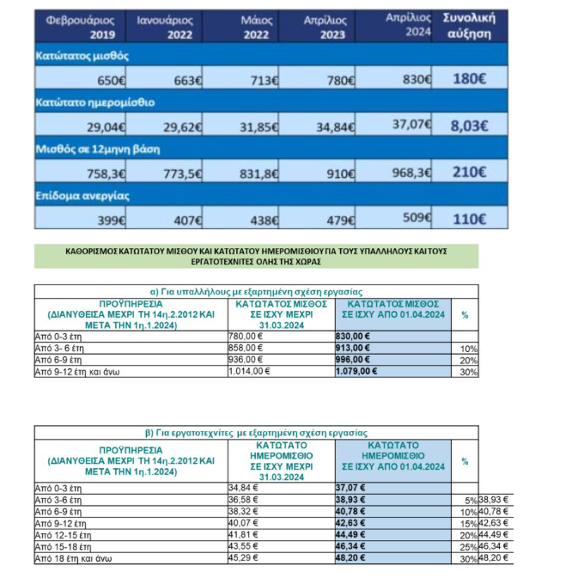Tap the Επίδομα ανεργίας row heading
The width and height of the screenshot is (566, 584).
click(x=74, y=195)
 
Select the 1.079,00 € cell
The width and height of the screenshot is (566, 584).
click(x=360, y=373)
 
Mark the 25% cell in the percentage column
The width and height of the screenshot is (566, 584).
click(x=467, y=545)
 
